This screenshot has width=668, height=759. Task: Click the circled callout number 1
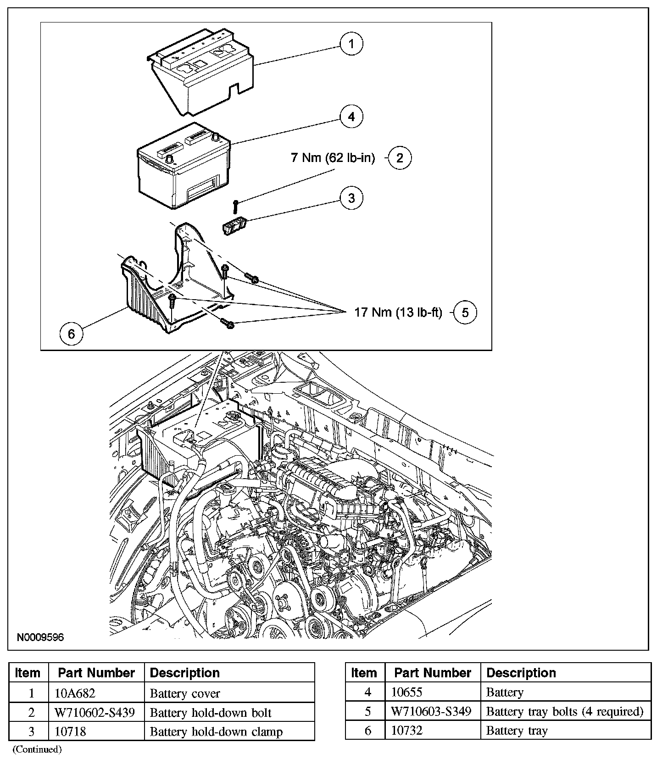click(351, 44)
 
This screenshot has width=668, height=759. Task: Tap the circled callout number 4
click(351, 117)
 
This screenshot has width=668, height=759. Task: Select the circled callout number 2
click(400, 158)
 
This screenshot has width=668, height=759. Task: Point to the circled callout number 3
click(351, 198)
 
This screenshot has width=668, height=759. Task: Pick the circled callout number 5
click(465, 313)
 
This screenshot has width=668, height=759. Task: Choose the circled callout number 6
click(71, 334)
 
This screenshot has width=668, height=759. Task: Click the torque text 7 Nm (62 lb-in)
click(333, 158)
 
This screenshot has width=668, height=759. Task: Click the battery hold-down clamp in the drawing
click(235, 226)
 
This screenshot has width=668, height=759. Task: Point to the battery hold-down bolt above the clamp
click(235, 206)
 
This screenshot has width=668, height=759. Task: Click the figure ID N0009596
click(40, 637)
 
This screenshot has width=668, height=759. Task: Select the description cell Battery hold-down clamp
click(216, 731)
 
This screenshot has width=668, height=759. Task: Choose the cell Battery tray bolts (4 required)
click(565, 711)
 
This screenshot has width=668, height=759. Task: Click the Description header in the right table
click(521, 673)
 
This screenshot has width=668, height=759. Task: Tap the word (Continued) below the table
click(37, 749)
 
